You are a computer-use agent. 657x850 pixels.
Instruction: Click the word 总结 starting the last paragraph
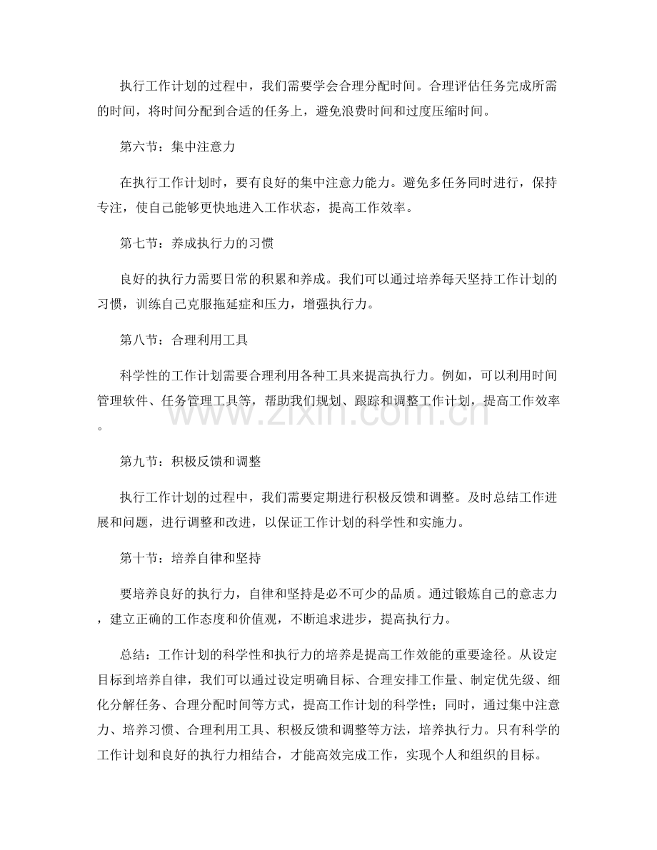pos(133,654)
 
